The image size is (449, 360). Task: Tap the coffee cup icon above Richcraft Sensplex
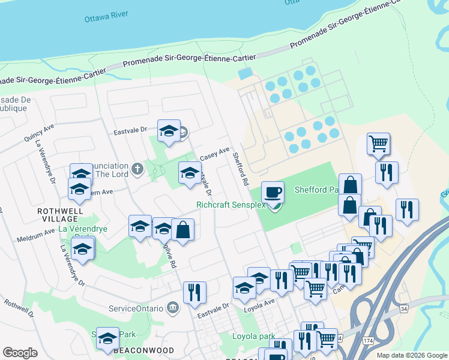(273, 192)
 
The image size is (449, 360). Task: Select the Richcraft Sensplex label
(231, 205)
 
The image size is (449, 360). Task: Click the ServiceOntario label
(136, 308)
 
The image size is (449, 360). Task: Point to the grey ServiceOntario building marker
(173, 308)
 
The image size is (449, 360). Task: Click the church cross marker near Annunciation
(137, 169)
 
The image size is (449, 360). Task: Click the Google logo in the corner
(20, 352)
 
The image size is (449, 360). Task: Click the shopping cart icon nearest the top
(378, 143)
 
